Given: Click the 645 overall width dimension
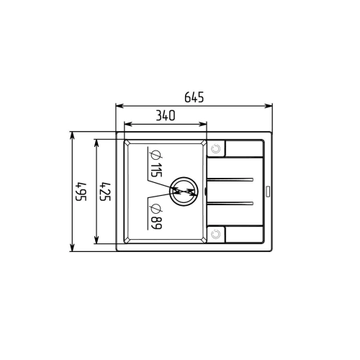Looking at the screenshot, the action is coord(194,97).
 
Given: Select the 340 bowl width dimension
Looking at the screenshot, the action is coord(166,115).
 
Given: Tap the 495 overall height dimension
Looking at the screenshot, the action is coord(81,192).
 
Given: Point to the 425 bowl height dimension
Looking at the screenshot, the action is coord(105,192).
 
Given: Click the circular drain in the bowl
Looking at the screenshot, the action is coord(184,192).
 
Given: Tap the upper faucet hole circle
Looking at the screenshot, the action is coord(215,149).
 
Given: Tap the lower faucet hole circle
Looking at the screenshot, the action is coord(215,234).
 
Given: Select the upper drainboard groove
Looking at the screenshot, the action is coord(230,179).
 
